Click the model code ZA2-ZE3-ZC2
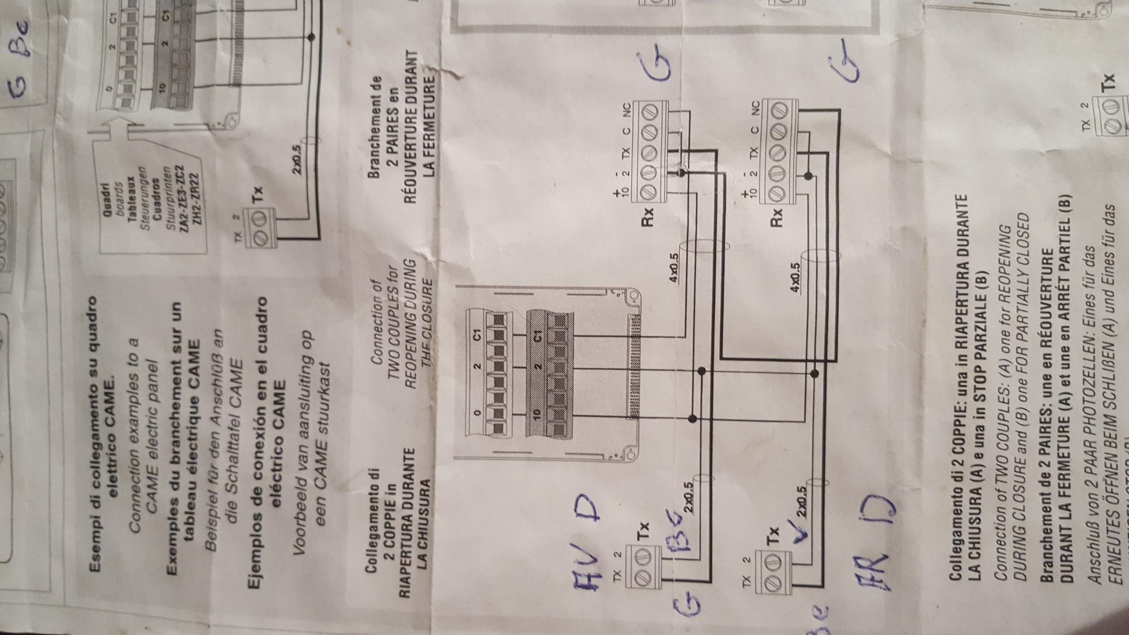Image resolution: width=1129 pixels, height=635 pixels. pos(181,198)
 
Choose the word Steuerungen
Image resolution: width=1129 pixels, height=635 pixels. pos(143,198)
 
